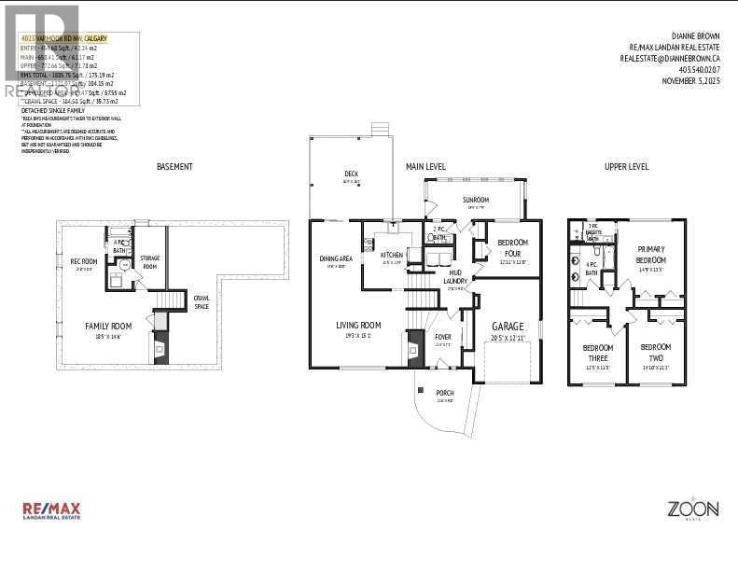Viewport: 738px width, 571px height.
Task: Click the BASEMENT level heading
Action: [x=174, y=167]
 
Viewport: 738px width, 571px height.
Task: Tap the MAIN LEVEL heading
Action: [x=425, y=167]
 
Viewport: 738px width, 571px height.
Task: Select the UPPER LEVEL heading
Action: [x=627, y=167]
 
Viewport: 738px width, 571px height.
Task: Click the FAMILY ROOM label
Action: [x=109, y=326]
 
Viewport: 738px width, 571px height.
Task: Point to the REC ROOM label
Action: [x=84, y=261]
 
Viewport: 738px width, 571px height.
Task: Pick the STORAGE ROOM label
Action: [x=150, y=261]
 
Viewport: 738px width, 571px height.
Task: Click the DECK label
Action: [x=351, y=174]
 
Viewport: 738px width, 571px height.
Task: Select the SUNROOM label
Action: [x=476, y=200]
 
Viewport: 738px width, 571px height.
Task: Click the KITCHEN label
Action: [x=391, y=254]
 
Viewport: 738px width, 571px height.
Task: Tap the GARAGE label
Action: [x=508, y=327]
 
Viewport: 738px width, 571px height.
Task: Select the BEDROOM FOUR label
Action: [x=512, y=247]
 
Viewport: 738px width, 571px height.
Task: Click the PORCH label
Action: [x=445, y=392]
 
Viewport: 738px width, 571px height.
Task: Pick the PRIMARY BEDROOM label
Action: [x=650, y=254]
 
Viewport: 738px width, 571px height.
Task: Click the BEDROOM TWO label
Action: [x=655, y=352]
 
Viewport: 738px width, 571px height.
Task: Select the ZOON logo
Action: [x=691, y=509]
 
